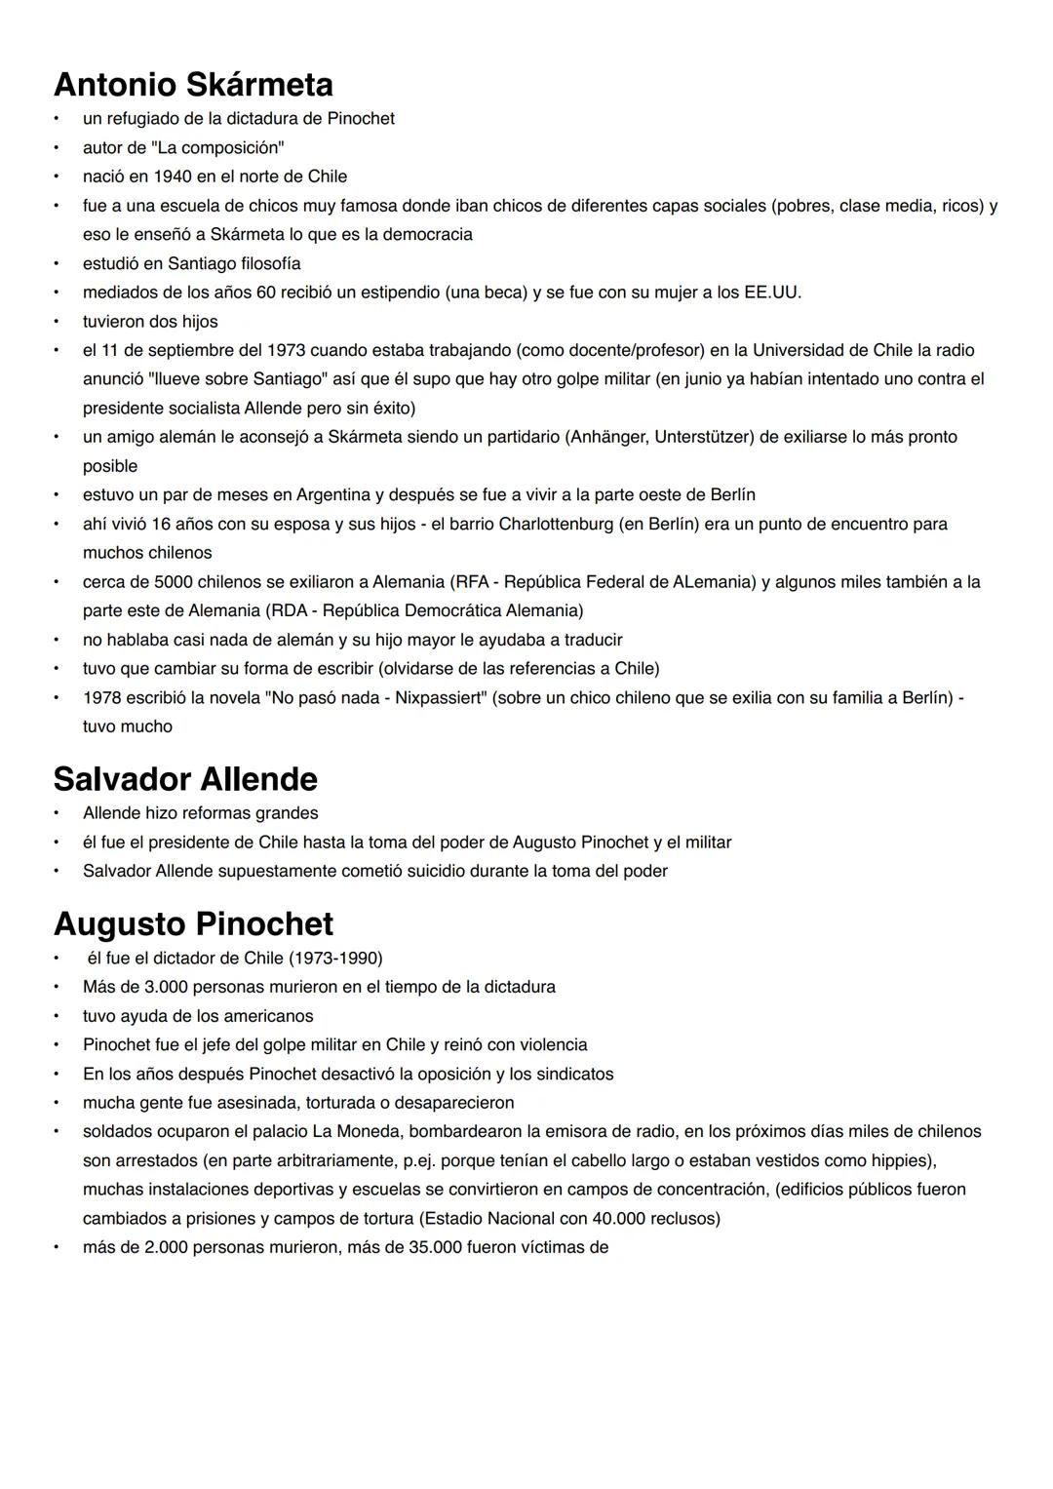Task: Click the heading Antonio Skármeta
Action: click(x=193, y=85)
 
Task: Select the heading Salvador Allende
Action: click(x=185, y=779)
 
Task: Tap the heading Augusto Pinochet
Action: click(x=193, y=923)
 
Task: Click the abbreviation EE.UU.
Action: click(x=772, y=293)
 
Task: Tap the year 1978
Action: click(x=102, y=698)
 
